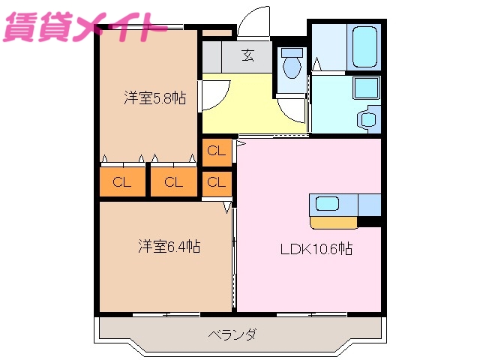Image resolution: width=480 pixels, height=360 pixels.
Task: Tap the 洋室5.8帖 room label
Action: pos(154,97)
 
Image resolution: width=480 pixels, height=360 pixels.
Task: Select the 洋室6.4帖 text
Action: pos(169,245)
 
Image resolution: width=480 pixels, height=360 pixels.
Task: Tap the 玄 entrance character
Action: pos(247,54)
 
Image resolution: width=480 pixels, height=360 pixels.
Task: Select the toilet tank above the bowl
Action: pos(291,52)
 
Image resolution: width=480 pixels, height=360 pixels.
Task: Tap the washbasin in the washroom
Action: pos(367,118)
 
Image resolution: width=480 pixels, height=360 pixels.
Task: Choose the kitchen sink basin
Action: pos(328,202)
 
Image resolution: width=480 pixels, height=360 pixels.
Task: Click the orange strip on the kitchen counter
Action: pos(334,222)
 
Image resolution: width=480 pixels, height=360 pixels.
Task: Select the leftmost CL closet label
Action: pos(121,181)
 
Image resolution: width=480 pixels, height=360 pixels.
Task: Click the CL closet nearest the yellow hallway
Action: pos(216,151)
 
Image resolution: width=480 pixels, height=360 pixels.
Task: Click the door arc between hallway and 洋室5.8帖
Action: pos(212,93)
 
